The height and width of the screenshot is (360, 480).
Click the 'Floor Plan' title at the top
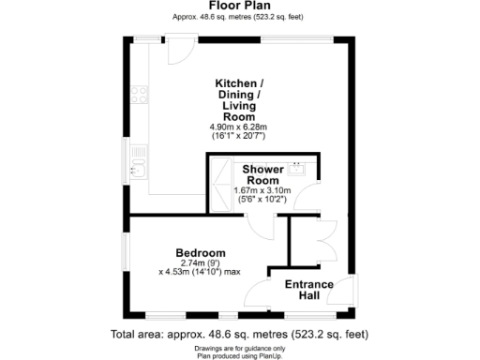click(239, 6)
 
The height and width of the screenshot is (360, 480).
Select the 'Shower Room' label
click(263, 174)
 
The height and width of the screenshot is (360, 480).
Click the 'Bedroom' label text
click(201, 253)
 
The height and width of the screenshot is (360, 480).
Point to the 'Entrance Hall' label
click(302, 289)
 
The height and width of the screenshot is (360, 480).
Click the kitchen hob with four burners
click(141, 95)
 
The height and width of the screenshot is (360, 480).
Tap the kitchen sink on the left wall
click(137, 166)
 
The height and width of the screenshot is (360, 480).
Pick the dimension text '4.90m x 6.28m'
click(239, 127)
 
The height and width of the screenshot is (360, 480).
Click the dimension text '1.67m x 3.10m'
click(263, 191)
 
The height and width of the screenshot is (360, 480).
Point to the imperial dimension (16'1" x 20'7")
click(239, 137)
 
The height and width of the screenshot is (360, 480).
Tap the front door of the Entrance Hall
click(347, 291)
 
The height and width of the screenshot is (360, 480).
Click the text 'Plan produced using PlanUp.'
click(239, 355)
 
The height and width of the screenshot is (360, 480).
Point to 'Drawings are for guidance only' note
click(239, 348)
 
